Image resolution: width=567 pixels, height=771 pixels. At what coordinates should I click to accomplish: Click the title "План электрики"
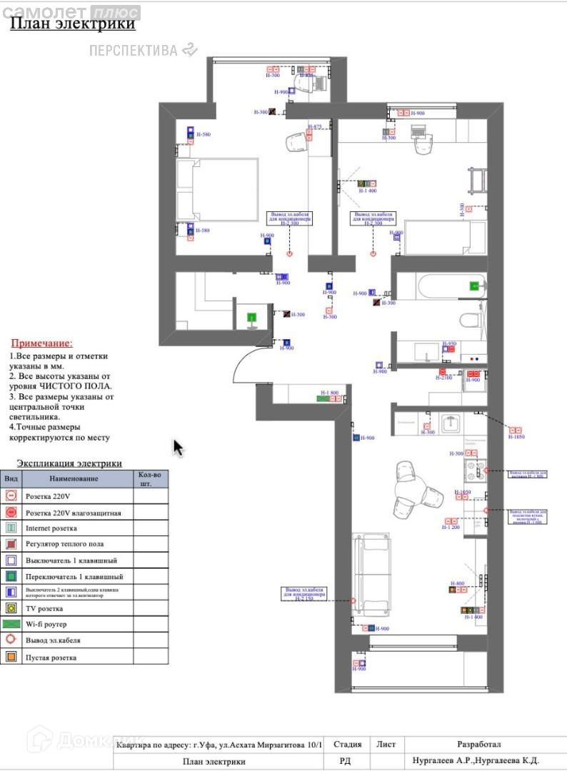tap(72, 24)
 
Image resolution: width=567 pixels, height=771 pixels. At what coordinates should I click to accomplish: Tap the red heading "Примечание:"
tap(41, 343)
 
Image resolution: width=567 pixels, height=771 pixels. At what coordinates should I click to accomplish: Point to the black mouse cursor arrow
tap(178, 448)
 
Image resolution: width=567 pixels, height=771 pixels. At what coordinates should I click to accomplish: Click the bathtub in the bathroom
tap(441, 287)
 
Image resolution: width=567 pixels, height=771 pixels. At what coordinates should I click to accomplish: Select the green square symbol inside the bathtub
tap(474, 286)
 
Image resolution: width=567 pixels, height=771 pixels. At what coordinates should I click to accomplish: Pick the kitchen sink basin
tap(451, 423)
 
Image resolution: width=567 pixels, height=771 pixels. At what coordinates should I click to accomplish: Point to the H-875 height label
tap(315, 127)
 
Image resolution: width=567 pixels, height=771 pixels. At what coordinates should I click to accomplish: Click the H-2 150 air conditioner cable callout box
tap(304, 594)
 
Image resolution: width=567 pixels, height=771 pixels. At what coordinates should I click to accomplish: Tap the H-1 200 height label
tap(451, 527)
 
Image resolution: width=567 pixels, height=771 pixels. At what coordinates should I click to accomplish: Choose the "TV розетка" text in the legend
tap(44, 609)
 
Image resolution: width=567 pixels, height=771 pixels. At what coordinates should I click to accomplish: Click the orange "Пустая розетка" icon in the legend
tap(11, 657)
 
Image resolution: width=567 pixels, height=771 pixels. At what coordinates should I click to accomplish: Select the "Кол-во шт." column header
tap(150, 478)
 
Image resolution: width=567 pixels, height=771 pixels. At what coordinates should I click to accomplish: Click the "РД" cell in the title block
tap(344, 762)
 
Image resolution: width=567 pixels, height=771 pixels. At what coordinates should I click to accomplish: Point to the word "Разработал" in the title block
tap(479, 744)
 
